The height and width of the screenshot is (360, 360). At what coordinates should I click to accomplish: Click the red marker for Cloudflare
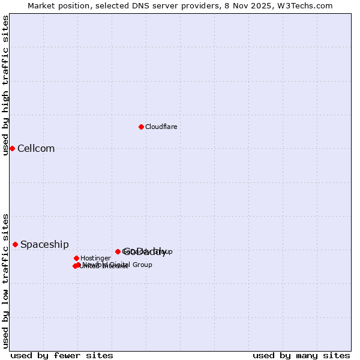pyautogui.click(x=141, y=127)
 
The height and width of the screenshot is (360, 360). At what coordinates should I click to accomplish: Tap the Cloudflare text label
pyautogui.click(x=161, y=127)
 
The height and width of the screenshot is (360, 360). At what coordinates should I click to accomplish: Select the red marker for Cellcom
pyautogui.click(x=12, y=148)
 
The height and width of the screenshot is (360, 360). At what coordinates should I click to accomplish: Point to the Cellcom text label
pyautogui.click(x=36, y=149)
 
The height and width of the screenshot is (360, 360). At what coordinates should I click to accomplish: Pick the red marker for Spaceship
pyautogui.click(x=15, y=244)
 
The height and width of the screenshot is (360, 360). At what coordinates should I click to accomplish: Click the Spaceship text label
pyautogui.click(x=44, y=245)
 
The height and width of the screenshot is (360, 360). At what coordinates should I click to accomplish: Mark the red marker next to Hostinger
pyautogui.click(x=76, y=258)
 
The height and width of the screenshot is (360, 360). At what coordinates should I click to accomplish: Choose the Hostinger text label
pyautogui.click(x=95, y=259)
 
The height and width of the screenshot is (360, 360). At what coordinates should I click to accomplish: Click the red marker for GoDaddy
pyautogui.click(x=118, y=251)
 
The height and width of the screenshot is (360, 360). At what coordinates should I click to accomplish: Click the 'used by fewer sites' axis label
pyautogui.click(x=62, y=355)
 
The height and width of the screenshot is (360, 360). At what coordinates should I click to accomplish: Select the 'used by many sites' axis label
pyautogui.click(x=301, y=355)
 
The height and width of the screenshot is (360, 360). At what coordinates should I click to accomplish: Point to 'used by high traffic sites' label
pyautogui.click(x=5, y=85)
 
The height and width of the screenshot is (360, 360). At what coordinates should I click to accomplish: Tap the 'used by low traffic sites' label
pyautogui.click(x=5, y=280)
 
